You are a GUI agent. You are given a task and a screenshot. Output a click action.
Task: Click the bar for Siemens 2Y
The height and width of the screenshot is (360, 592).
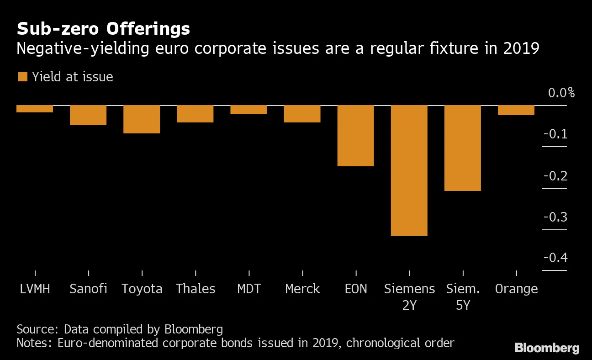click(x=409, y=170)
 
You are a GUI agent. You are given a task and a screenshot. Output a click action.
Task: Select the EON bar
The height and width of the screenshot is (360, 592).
click(x=356, y=136)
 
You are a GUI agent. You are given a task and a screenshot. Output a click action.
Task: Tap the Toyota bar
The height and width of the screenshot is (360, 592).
click(x=142, y=119)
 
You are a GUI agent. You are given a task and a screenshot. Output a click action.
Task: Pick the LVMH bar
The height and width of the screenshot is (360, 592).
click(x=35, y=109)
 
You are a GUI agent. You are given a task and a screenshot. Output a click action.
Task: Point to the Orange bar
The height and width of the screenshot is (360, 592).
click(x=516, y=110)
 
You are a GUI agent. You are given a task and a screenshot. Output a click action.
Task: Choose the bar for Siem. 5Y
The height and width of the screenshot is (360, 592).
click(x=463, y=148)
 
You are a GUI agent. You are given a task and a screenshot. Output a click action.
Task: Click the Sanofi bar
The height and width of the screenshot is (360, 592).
click(x=88, y=115)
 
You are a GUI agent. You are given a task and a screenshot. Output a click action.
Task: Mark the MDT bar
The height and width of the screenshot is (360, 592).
click(x=248, y=110)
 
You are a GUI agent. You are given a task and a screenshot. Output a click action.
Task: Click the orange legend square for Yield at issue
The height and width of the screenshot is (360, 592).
click(x=22, y=77)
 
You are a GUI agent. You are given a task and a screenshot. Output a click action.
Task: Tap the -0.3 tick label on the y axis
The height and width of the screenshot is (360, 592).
click(x=555, y=217)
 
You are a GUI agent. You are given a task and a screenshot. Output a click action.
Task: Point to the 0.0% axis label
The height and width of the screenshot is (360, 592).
click(x=561, y=93)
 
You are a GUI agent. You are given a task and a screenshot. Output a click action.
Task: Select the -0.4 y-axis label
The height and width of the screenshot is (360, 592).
click(x=555, y=258)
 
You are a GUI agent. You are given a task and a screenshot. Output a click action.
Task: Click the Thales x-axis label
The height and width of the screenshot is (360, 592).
click(x=196, y=289)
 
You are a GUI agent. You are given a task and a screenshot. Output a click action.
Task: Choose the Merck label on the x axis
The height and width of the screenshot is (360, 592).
click(x=302, y=289)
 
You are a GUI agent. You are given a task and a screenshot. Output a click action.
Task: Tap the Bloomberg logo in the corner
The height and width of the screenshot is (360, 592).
click(x=547, y=348)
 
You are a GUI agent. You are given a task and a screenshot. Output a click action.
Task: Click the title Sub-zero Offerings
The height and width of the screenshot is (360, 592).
click(x=103, y=29)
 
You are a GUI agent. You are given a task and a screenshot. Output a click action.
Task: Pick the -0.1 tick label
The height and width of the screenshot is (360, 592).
click(x=555, y=134)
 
